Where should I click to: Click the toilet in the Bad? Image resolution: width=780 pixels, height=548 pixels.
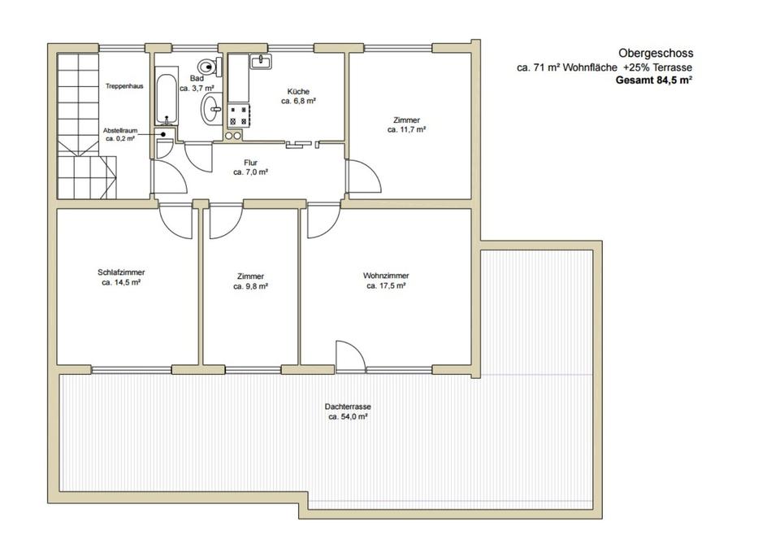point(209,66)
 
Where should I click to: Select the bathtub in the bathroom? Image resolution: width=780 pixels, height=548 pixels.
point(166,99)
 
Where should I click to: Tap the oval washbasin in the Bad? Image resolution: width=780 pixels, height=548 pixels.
point(213,108)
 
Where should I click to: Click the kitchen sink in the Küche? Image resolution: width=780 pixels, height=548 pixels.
point(261,61)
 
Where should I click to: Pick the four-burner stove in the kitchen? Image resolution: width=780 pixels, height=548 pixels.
point(239,115)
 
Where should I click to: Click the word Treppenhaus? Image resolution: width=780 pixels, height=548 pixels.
point(124,86)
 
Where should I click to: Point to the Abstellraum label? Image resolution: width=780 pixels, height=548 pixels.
point(120,130)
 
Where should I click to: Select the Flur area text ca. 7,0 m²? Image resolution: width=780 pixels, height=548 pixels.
point(251,172)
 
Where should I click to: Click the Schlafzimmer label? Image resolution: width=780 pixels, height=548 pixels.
point(121,272)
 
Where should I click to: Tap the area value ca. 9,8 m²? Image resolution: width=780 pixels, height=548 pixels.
point(251,286)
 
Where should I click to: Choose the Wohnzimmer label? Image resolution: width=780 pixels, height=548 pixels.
point(386,276)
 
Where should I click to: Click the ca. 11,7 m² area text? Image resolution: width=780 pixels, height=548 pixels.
point(406,129)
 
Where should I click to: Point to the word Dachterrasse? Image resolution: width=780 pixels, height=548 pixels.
point(348,407)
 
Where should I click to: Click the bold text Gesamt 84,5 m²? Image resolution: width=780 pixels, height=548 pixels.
point(654,80)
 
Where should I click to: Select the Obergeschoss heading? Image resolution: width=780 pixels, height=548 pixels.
point(656,53)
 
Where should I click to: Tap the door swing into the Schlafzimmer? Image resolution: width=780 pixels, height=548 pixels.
point(175,221)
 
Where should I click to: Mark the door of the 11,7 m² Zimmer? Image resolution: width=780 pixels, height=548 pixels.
point(364,176)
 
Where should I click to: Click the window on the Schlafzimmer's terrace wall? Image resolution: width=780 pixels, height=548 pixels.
point(132,370)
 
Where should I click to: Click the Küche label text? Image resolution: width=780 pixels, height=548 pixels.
point(298,92)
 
